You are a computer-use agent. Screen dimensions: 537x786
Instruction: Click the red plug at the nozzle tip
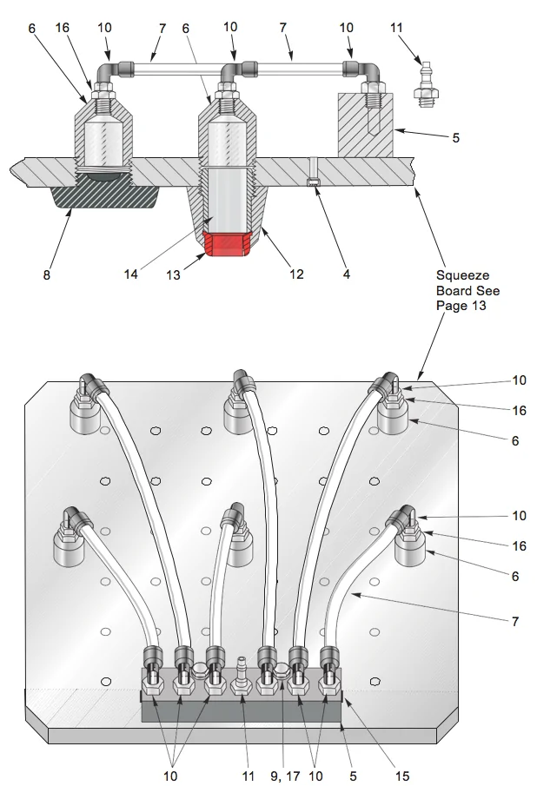coord(227,244)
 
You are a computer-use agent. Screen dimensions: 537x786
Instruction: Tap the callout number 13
coord(173,275)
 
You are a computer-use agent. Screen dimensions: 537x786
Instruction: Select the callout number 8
coord(47,275)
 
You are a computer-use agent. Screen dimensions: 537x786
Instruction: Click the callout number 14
coord(131,274)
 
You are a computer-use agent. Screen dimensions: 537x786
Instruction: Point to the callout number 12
coord(296,274)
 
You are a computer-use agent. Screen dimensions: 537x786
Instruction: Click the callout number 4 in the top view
coord(347,274)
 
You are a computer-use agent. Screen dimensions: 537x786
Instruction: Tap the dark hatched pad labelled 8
coord(105,193)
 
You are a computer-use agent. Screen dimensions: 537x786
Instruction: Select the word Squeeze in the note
coord(463,275)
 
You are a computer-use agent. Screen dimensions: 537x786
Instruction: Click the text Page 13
coord(461,306)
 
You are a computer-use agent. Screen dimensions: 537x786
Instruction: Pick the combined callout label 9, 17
coord(285,776)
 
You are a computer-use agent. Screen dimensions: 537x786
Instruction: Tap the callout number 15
coord(402,776)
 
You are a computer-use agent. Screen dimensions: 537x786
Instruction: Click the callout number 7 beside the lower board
coord(515,622)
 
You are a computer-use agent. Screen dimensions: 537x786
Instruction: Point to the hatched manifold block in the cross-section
coord(365,125)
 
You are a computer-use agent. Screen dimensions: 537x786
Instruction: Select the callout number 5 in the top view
coord(456,138)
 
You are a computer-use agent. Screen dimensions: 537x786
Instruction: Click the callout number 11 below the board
coord(249,776)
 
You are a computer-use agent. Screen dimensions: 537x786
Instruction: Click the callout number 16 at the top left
coord(63,28)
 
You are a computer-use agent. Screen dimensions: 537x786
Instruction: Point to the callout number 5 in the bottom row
coord(353,776)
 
